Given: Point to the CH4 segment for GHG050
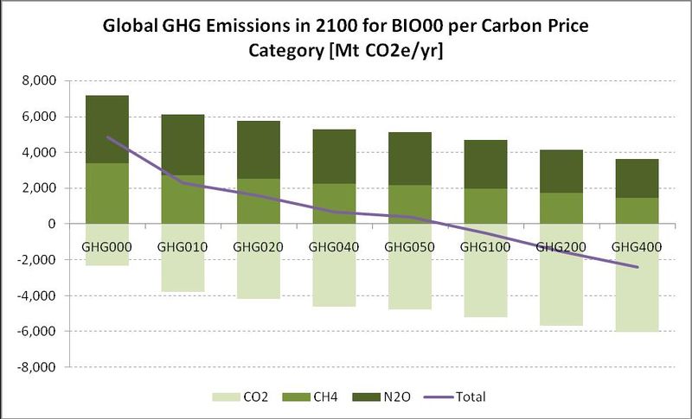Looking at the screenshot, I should click(410, 204).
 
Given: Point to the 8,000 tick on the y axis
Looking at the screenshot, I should click(38, 81).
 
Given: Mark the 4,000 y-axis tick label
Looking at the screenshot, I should click(38, 153).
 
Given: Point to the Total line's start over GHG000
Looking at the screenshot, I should click(107, 137).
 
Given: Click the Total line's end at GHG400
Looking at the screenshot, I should click(638, 267).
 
